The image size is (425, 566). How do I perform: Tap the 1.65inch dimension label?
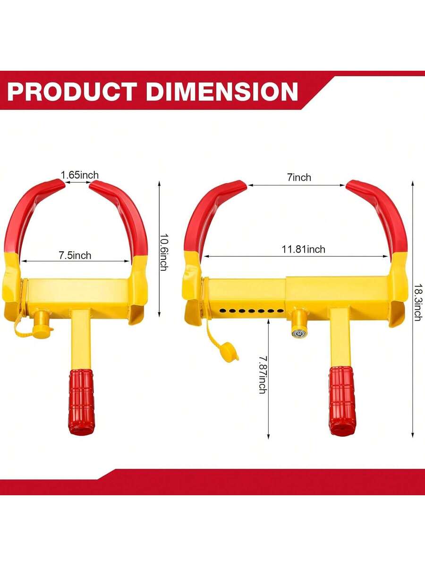tap(79, 175)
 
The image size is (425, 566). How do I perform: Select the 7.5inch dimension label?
tap(75, 255)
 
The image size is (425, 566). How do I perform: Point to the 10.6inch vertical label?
tap(163, 252)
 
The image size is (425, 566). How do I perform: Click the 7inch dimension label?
tap(299, 177)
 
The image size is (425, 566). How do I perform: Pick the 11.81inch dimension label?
tap(303, 250)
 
